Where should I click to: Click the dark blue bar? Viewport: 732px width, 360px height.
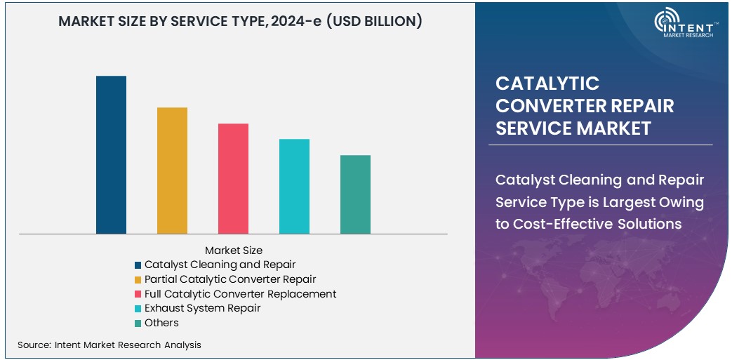tap(111, 154)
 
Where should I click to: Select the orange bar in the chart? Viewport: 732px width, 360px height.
tap(172, 171)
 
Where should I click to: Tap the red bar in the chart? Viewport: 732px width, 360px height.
tap(233, 178)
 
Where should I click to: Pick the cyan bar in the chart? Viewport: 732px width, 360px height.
tap(294, 186)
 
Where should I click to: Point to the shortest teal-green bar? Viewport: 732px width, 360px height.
tap(355, 194)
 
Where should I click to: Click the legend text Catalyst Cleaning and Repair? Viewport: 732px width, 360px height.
tap(220, 265)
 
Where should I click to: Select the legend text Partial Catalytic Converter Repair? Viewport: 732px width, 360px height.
tap(230, 279)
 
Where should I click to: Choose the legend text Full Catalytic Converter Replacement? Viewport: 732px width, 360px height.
tap(240, 294)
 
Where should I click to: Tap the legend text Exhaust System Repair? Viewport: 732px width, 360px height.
tap(202, 308)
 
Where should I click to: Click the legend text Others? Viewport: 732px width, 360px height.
tap(161, 323)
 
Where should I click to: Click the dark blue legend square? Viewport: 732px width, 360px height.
tap(138, 265)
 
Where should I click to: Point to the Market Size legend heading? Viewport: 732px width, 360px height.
tap(234, 250)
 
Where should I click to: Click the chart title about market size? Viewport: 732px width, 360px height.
tap(240, 21)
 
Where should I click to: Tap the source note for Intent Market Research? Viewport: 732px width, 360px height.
tap(109, 345)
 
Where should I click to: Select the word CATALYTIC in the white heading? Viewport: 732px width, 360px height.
tap(547, 84)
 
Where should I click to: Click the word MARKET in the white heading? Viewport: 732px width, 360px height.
tap(613, 128)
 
